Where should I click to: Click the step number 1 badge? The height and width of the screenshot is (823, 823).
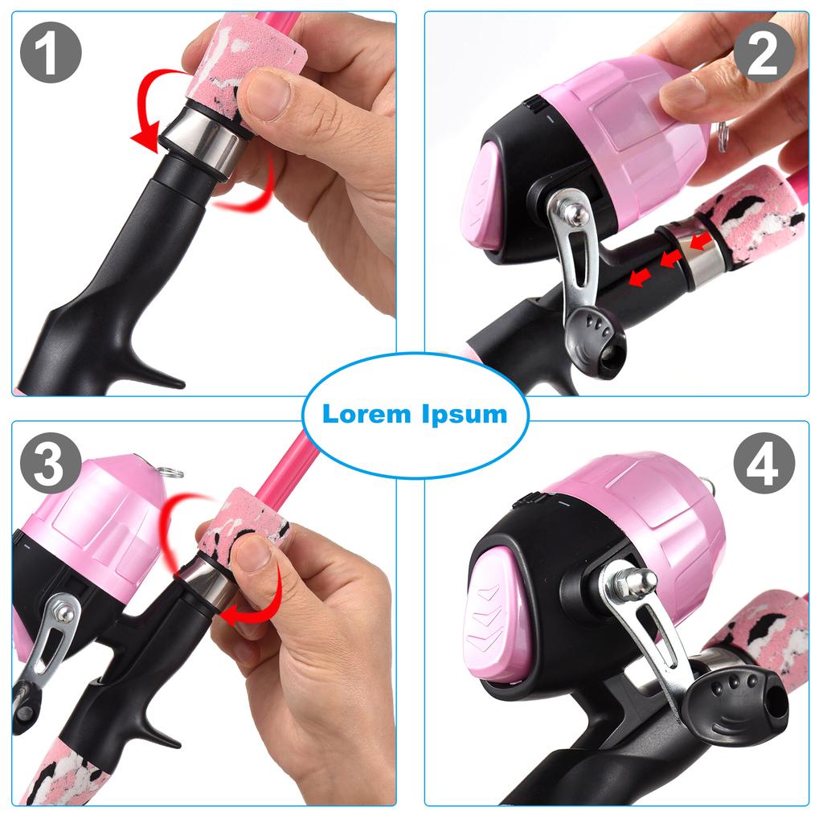51,52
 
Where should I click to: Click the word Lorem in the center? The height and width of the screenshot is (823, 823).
366,415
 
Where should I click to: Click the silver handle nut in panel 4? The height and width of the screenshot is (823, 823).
635,583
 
